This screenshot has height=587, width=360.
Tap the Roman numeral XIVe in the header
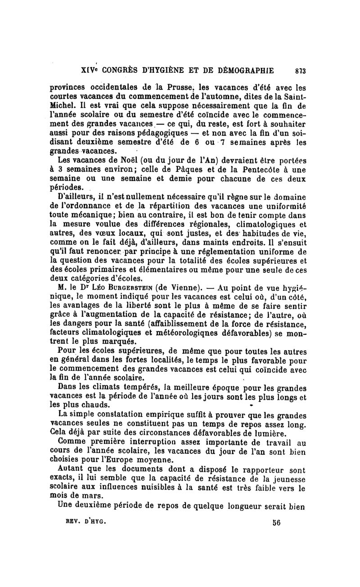(x=89, y=70)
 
